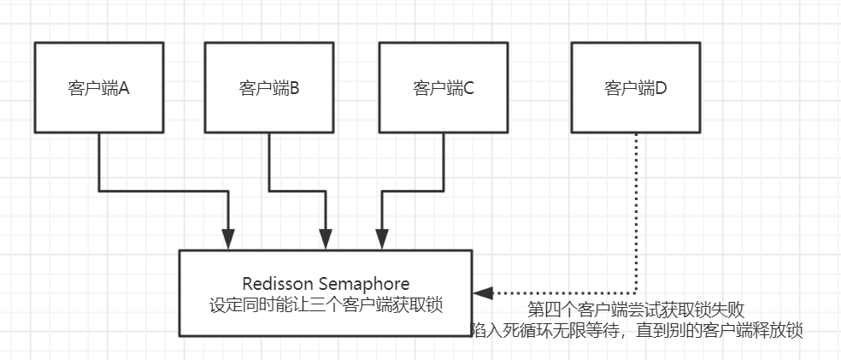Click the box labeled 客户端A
(98, 87)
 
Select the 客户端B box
(269, 87)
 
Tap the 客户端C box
(444, 87)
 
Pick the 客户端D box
(635, 87)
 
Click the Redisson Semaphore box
(325, 292)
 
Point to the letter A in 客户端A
(123, 88)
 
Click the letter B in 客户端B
(294, 88)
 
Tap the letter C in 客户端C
(468, 88)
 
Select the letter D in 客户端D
(660, 88)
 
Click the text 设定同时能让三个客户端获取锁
(325, 304)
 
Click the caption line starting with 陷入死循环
(637, 331)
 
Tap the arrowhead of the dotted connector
(480, 293)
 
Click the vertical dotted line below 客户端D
(636, 214)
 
